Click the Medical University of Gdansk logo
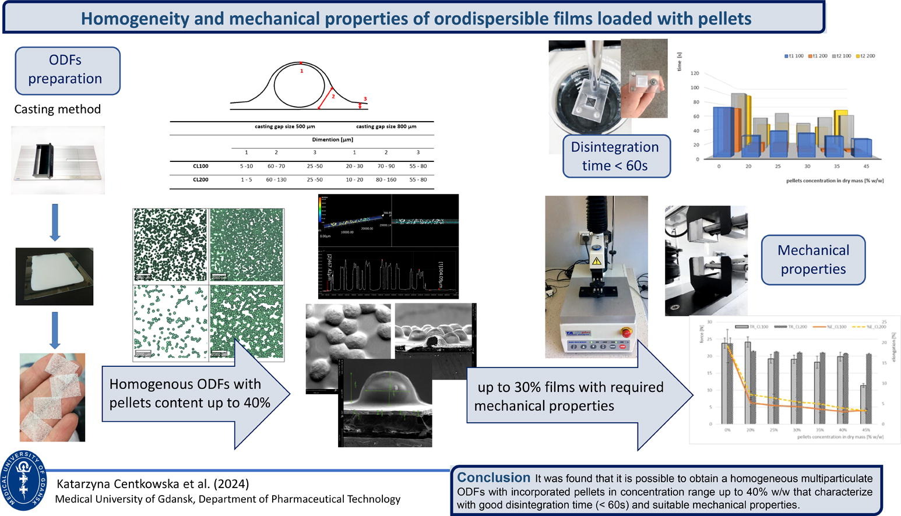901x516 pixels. (24, 481)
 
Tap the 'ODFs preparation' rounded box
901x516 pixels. (67, 70)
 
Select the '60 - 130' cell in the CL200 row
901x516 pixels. (276, 179)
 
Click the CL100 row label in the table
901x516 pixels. (200, 166)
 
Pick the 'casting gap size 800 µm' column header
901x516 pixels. (386, 126)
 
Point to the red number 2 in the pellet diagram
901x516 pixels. (333, 96)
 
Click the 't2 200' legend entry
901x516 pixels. (865, 56)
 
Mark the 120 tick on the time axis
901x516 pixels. (695, 73)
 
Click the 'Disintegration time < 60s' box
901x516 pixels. (615, 156)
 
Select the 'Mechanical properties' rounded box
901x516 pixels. (813, 260)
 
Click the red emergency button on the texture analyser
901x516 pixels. (626, 333)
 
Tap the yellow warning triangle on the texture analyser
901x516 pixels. (596, 261)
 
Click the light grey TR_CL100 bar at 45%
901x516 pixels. (863, 404)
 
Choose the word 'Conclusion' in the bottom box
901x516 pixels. (494, 478)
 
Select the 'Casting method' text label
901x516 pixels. (57, 109)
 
